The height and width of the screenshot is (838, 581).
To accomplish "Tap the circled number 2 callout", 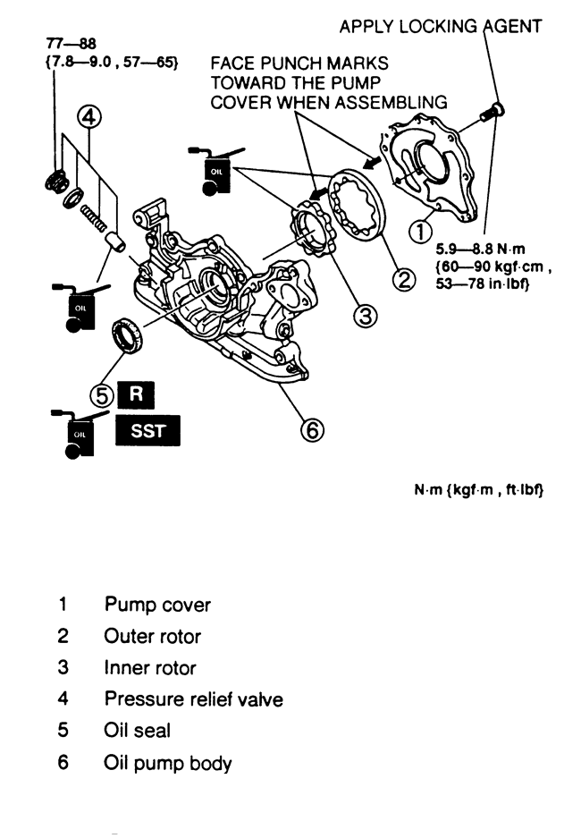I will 404,281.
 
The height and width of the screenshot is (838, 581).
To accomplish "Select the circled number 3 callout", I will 363,316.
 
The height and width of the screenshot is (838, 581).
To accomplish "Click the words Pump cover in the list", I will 157,605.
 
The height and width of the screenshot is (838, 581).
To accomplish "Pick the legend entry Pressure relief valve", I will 193,699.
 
